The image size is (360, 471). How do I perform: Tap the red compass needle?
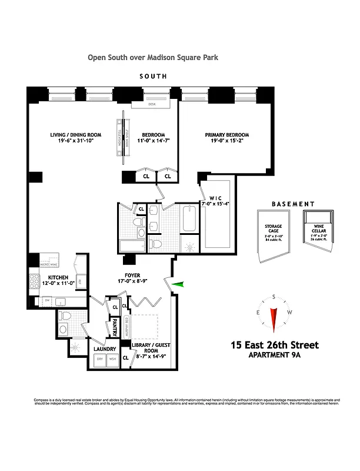click(x=273, y=319)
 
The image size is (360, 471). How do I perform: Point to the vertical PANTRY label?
click(x=115, y=326)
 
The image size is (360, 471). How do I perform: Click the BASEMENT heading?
click(x=293, y=204)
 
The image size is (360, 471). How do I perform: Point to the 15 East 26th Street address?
click(x=275, y=344)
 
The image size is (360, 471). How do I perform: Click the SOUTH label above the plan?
click(x=153, y=77)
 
